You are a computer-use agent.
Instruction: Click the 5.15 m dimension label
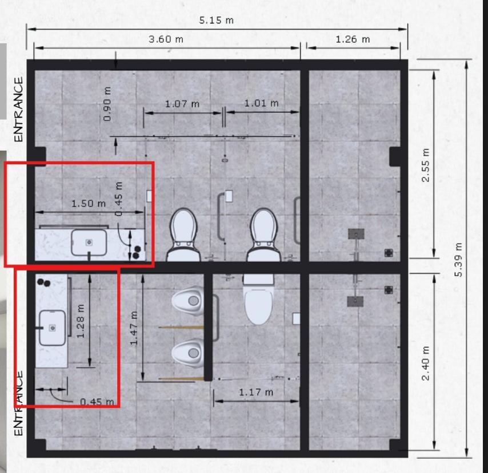pyautogui.click(x=217, y=20)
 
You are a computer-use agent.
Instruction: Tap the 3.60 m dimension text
pyautogui.click(x=166, y=39)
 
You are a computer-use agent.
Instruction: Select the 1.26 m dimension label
pyautogui.click(x=353, y=39)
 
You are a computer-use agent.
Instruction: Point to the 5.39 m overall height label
pyautogui.click(x=458, y=260)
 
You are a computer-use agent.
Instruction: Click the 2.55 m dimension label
pyautogui.click(x=426, y=165)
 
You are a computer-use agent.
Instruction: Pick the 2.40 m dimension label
pyautogui.click(x=426, y=363)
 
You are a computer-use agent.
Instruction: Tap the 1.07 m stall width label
pyautogui.click(x=182, y=104)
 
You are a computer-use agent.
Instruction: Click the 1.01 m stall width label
pyautogui.click(x=262, y=103)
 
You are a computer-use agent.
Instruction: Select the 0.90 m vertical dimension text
pyautogui.click(x=107, y=104)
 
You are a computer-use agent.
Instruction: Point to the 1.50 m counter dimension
pyautogui.click(x=89, y=204)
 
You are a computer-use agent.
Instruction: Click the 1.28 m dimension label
pyautogui.click(x=81, y=321)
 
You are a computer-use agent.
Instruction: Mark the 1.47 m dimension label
pyautogui.click(x=134, y=328)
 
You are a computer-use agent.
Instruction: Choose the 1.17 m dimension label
pyautogui.click(x=256, y=392)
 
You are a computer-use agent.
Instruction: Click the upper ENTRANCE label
pyautogui.click(x=19, y=110)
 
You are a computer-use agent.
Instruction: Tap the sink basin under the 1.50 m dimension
pyautogui.click(x=89, y=242)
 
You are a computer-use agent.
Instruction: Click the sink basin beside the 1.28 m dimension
pyautogui.click(x=53, y=328)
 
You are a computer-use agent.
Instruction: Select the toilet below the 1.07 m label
pyautogui.click(x=183, y=235)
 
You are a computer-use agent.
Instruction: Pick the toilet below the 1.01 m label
pyautogui.click(x=264, y=235)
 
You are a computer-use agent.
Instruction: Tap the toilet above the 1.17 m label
pyautogui.click(x=259, y=300)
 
